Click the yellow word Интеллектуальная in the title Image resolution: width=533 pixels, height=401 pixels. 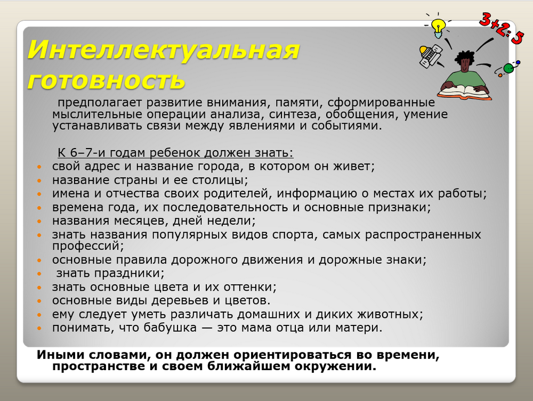coord(163,50)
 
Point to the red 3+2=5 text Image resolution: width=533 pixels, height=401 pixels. coord(501,28)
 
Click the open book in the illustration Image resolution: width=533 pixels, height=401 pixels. coord(465,92)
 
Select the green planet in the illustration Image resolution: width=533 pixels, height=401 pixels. coord(508,68)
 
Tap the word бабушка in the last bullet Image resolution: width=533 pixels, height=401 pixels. coord(170,328)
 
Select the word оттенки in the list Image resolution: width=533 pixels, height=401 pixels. coord(250,287)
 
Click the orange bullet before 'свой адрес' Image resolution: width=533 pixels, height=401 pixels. coord(39,167)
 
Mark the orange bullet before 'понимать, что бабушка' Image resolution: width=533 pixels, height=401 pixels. coord(39,329)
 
